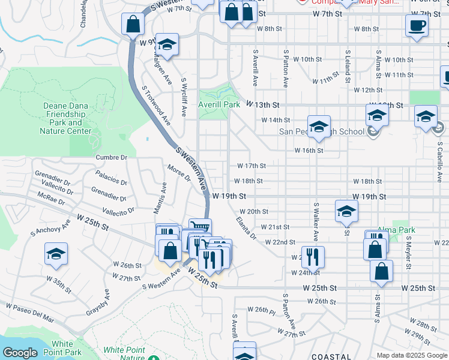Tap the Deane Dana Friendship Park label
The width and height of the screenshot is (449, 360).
coord(66,118)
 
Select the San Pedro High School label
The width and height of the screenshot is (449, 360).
coord(321,132)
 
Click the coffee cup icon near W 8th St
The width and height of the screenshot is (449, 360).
coord(417,26)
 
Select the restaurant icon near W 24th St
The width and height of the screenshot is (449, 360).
coord(313,256)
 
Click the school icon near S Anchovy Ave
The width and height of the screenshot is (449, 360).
coord(56,254)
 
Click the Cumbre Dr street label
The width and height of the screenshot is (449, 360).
coord(112,157)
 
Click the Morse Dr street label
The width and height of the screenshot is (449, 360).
coord(179,174)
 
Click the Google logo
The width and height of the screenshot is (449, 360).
coord(20,353)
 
